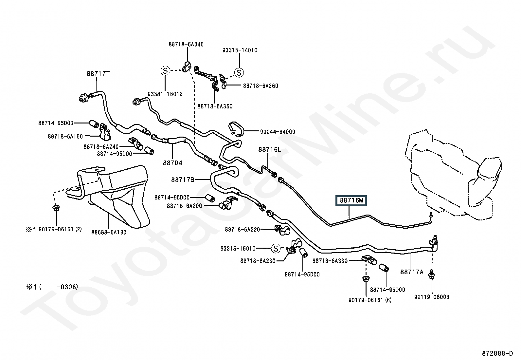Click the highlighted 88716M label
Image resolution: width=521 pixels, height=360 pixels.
tap(351, 200)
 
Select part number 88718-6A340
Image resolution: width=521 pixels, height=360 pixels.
tap(186, 44)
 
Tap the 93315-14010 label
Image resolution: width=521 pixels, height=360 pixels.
tap(240, 50)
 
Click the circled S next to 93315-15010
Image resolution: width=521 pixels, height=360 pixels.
tap(276, 248)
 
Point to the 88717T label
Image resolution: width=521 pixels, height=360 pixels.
tap(98, 74)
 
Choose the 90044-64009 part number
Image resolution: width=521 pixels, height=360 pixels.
tap(278, 132)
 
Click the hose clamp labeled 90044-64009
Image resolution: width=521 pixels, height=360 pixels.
tap(236, 129)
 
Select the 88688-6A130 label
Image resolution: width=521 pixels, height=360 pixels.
tap(109, 232)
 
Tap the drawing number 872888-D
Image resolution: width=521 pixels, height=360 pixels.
tap(497, 353)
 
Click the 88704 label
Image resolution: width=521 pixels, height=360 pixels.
tap(172, 163)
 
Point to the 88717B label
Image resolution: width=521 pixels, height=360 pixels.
tap(183, 180)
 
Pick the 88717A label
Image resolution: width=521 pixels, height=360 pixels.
tap(412, 272)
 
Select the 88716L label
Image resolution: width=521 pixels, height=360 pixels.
tap(270, 149)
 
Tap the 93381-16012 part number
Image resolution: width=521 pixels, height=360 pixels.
tap(165, 94)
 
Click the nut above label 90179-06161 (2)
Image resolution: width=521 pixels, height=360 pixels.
tap(56, 208)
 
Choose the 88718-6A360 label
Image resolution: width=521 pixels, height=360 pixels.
tap(260, 86)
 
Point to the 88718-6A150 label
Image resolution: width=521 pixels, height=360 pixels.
tap(65, 137)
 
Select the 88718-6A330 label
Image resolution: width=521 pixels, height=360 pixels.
tap(330, 261)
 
